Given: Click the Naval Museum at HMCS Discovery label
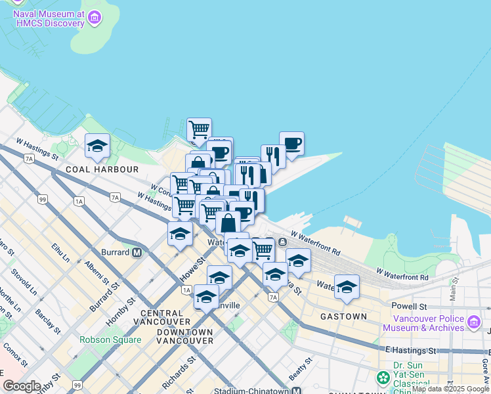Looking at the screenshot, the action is pyautogui.click(x=49, y=18).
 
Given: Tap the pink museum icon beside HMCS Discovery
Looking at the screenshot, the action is pyautogui.click(x=95, y=18).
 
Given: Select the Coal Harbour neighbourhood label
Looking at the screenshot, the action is pyautogui.click(x=102, y=169).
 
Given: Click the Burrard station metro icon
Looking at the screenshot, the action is pyautogui.click(x=137, y=252).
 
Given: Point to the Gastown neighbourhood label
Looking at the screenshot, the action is pyautogui.click(x=343, y=317).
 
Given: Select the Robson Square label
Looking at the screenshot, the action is pyautogui.click(x=110, y=340).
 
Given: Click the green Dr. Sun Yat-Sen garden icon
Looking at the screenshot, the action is pyautogui.click(x=383, y=378).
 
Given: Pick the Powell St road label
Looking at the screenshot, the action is pyautogui.click(x=409, y=307).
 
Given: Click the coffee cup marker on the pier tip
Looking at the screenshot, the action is pyautogui.click(x=291, y=143).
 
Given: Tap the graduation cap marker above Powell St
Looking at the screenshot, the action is pyautogui.click(x=347, y=286).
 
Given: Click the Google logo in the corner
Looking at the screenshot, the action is pyautogui.click(x=22, y=387).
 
